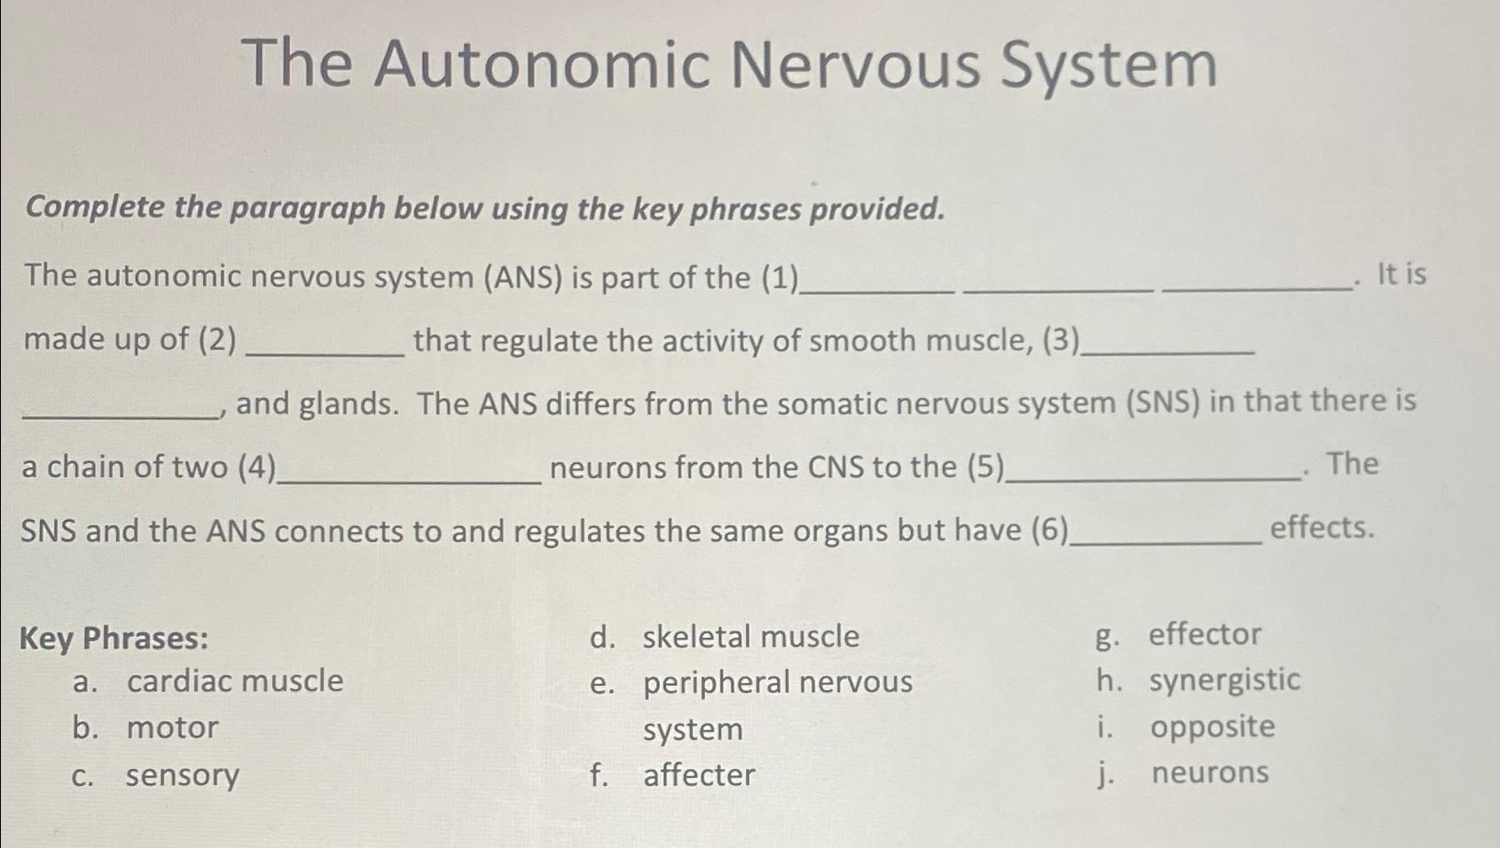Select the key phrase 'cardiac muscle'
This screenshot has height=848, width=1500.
(x=235, y=681)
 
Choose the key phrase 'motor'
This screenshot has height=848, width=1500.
(x=172, y=727)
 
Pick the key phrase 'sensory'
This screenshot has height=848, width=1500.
(x=183, y=775)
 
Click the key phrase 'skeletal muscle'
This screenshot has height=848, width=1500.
(x=750, y=637)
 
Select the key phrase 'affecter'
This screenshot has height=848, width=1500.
(x=699, y=775)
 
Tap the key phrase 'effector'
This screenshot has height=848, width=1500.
(x=1205, y=634)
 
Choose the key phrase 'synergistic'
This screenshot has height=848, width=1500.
(x=1224, y=680)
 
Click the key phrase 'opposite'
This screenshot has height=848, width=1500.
(x=1213, y=726)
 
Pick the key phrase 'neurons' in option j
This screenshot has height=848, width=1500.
(x=1210, y=773)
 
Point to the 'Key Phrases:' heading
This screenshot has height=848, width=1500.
(x=114, y=639)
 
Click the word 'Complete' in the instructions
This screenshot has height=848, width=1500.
(x=96, y=208)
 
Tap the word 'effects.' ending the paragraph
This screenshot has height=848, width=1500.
(x=1322, y=529)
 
